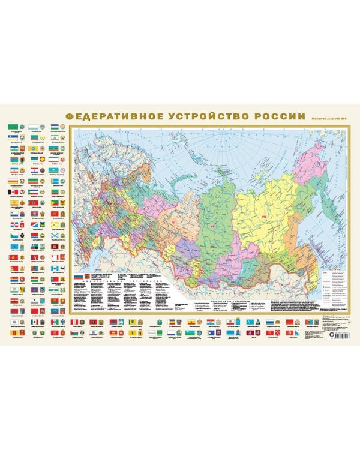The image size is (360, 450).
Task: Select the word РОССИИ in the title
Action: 273,116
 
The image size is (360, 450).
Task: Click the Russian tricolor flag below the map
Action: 77,277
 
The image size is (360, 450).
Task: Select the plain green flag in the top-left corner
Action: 13,126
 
